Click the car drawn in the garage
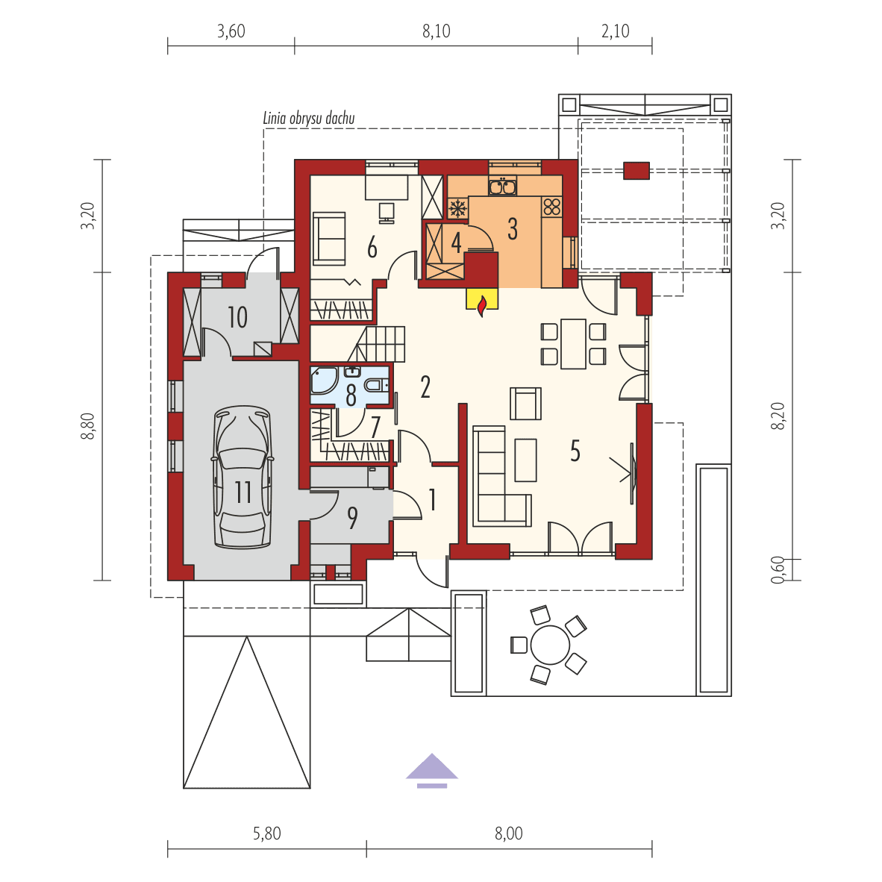[243, 478]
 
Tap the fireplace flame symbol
[482, 305]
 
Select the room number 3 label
[513, 229]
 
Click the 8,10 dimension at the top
[437, 31]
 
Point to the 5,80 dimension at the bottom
[266, 833]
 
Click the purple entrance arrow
[431, 770]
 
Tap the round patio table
[550, 645]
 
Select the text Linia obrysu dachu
[309, 118]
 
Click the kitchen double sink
[502, 187]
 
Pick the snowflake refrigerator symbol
[457, 208]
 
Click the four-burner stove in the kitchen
[552, 206]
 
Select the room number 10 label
[237, 317]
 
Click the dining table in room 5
[573, 343]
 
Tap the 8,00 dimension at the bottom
[509, 833]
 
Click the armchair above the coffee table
[525, 404]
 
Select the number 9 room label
[352, 517]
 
